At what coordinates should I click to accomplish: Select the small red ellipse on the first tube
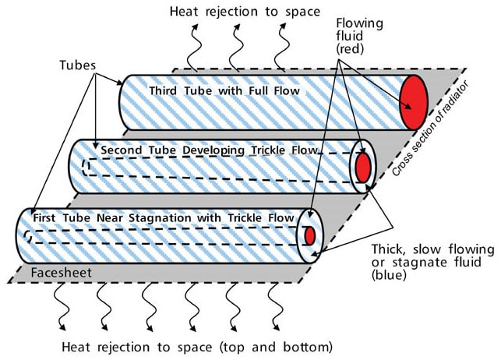coord(309,235)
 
